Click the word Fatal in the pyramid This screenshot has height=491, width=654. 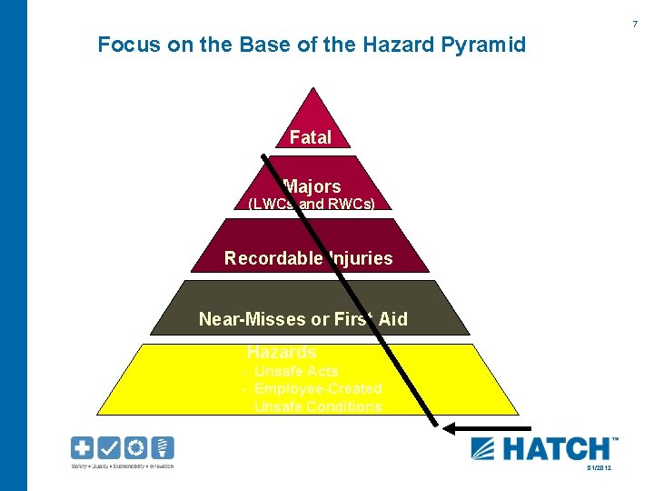tap(310, 137)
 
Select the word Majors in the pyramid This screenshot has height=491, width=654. tap(312, 186)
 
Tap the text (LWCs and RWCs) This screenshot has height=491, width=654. tap(312, 204)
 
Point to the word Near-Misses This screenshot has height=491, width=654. tap(243, 319)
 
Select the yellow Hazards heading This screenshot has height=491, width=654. tap(282, 352)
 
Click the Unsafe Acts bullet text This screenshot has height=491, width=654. tap(295, 371)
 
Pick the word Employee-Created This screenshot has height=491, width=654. tap(318, 388)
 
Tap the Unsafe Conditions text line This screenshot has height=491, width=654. tap(318, 406)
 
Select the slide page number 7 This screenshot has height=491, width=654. tap(634, 24)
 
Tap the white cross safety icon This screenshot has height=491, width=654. tap(83, 448)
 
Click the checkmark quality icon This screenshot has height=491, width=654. tap(109, 448)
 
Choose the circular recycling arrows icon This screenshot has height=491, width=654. tap(135, 448)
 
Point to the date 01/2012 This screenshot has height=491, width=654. tap(599, 467)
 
